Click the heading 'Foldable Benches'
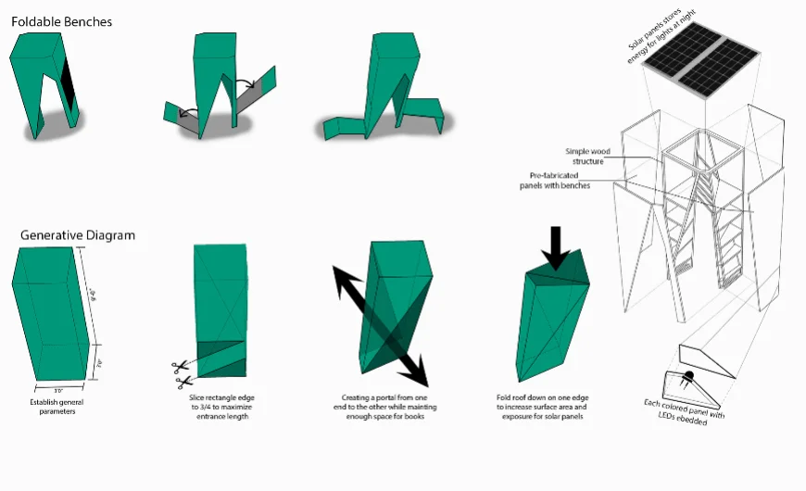click(61, 21)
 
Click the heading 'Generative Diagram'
click(78, 235)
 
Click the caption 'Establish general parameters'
click(53, 407)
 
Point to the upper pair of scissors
click(179, 366)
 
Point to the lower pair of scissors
click(181, 381)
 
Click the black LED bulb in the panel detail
click(688, 377)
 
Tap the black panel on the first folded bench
click(68, 82)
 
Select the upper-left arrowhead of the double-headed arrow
click(341, 278)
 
